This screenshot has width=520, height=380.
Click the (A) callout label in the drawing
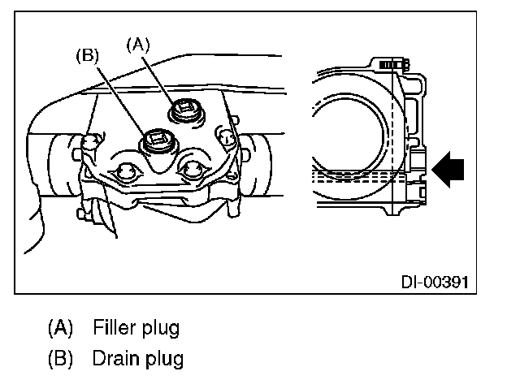click(138, 45)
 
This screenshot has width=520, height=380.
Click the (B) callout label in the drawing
click(88, 56)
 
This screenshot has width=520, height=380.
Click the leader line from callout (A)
click(160, 76)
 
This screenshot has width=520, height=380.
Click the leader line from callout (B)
click(120, 100)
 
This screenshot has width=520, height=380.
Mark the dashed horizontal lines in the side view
click(357, 175)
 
